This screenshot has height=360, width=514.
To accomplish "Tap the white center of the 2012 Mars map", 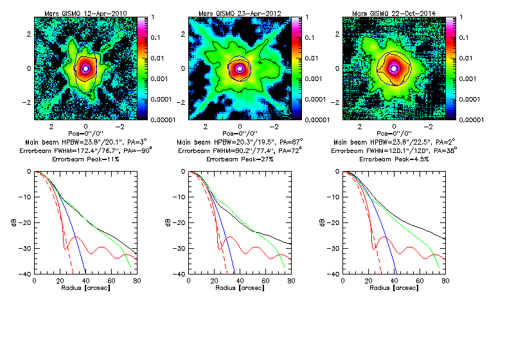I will tap(240, 68).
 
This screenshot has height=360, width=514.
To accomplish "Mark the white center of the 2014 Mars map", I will tap(394, 68).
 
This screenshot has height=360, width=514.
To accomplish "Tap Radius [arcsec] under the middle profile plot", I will tap(240, 289).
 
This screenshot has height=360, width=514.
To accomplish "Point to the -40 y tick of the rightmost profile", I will tap(335, 274).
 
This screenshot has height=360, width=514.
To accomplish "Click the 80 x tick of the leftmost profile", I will tap(137, 281).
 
